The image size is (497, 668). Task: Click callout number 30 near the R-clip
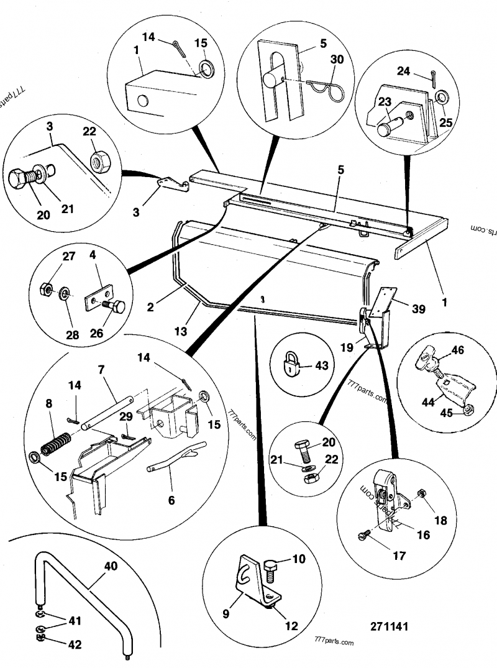point(337,60)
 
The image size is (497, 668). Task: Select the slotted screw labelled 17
point(364,534)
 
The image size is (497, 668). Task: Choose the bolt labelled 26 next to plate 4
point(114,306)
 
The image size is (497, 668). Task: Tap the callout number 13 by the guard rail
point(181,331)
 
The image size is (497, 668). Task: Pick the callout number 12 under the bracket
point(293,626)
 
